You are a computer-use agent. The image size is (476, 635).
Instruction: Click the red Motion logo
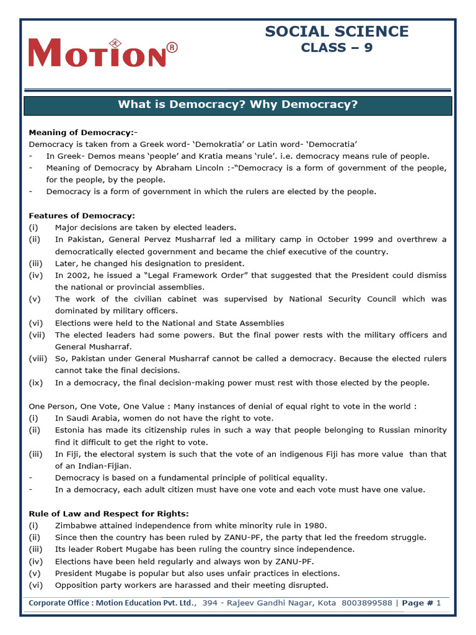coord(97,53)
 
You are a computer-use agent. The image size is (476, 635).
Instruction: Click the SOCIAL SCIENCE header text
coord(337,32)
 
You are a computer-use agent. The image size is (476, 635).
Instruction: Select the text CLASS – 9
coord(337,48)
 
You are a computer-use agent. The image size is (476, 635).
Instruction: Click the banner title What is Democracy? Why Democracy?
coord(238,105)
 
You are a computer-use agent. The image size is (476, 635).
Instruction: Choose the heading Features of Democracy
coord(82,216)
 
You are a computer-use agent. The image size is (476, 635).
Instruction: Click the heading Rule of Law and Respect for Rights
coord(109,513)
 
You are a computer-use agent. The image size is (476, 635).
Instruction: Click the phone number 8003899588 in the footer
coord(366,603)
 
